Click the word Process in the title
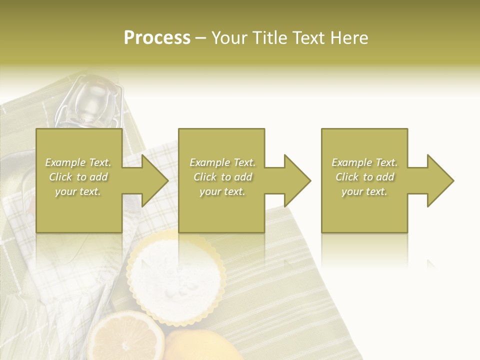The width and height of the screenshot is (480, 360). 157,38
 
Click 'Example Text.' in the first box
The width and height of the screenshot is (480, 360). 78,162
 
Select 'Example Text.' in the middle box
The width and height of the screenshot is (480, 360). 222,162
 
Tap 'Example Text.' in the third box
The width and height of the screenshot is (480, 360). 364,162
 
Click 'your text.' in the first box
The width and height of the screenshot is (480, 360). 78,191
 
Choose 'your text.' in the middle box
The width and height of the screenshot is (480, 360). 222,191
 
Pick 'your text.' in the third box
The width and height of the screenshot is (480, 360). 364,191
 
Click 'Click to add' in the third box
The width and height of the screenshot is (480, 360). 364,177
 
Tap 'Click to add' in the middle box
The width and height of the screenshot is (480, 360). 222,177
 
